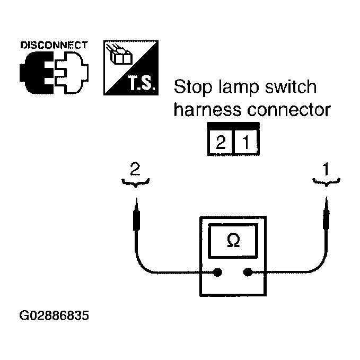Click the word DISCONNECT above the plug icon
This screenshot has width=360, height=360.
coord(54,45)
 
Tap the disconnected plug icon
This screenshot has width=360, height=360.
coord(54,72)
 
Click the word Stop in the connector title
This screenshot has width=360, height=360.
coord(192,87)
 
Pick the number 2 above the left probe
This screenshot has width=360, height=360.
coord(137,170)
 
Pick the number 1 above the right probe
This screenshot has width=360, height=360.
coord(326,170)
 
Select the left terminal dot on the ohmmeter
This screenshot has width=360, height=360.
coord(217,273)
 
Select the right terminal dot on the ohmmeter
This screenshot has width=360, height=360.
coord(247,273)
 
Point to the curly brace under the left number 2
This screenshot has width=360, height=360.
coord(137,183)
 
